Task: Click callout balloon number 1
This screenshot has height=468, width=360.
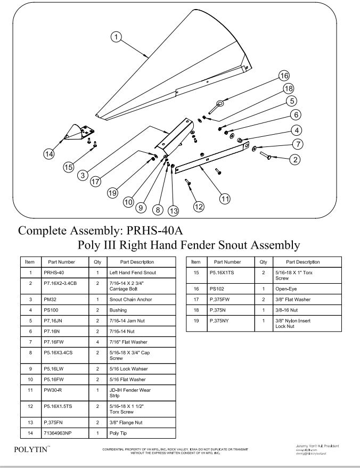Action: tap(116, 37)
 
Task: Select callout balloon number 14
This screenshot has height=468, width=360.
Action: tap(49, 153)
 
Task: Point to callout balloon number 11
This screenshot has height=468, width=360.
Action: tap(225, 198)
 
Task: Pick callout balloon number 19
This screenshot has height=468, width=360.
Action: tap(112, 193)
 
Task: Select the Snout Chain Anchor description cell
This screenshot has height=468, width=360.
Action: tap(141, 299)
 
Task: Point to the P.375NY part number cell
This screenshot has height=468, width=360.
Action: tap(227, 321)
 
